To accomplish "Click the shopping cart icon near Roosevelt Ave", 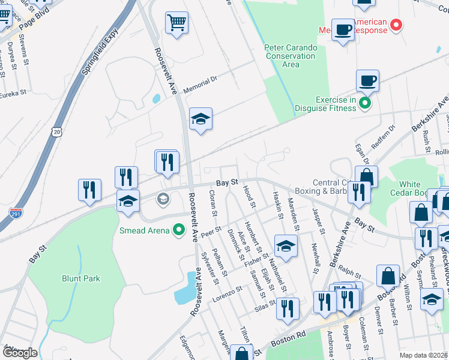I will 176,24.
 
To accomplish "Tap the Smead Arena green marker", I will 178,229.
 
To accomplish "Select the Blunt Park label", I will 81,278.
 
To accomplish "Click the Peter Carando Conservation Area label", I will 290,56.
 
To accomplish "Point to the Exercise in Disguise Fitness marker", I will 364,104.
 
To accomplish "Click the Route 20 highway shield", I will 56,131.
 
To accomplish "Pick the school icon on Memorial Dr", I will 200,119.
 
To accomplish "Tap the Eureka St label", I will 13,94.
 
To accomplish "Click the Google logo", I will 19,353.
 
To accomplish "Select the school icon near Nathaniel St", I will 286,245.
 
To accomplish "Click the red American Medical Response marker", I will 396,25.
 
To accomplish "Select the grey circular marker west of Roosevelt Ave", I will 162,198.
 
